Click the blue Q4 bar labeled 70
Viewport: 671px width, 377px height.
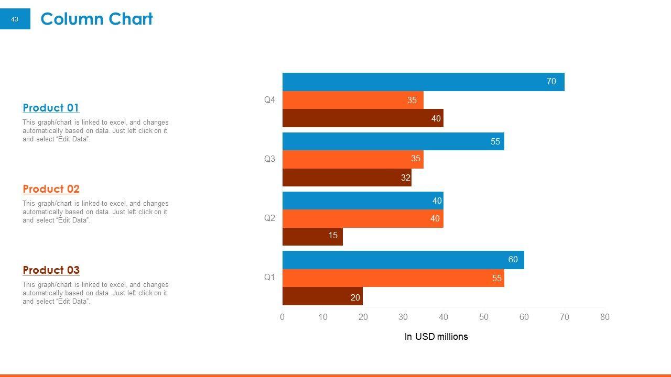pyautogui.click(x=423, y=82)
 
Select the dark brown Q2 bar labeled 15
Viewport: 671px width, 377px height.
pyautogui.click(x=312, y=236)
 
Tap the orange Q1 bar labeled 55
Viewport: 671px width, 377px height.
pyautogui.click(x=393, y=278)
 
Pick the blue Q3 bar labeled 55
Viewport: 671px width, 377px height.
pyautogui.click(x=393, y=141)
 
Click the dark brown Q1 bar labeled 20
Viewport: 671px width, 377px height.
pyautogui.click(x=322, y=296)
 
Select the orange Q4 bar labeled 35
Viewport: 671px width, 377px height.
pyautogui.click(x=353, y=100)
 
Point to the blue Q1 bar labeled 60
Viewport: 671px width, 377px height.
pyautogui.click(x=403, y=260)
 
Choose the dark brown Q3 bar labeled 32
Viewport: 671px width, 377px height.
pyautogui.click(x=347, y=178)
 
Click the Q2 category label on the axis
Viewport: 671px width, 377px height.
pyautogui.click(x=269, y=218)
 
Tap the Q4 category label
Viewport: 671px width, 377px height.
pyautogui.click(x=269, y=100)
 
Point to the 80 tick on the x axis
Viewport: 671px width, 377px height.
pyautogui.click(x=604, y=317)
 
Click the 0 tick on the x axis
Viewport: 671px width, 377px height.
pyautogui.click(x=283, y=317)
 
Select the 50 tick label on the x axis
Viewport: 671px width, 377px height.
pyautogui.click(x=483, y=317)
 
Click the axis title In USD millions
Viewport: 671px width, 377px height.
pyautogui.click(x=436, y=337)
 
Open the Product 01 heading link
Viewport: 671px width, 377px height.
pyautogui.click(x=51, y=108)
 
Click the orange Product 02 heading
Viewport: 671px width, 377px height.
pyautogui.click(x=51, y=189)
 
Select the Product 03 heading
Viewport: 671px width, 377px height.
pyautogui.click(x=51, y=270)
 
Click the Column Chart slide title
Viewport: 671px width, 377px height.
pyautogui.click(x=96, y=19)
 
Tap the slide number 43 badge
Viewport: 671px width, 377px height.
pyautogui.click(x=15, y=19)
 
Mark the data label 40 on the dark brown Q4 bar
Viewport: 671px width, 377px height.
pyautogui.click(x=436, y=119)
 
